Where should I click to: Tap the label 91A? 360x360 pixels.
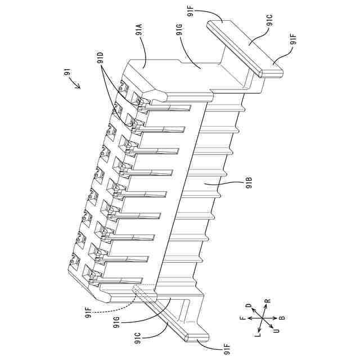pos(138,29)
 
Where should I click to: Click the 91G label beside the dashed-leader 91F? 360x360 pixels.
pos(116,323)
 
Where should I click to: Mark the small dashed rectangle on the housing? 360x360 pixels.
pos(143,291)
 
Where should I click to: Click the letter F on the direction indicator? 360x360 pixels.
pos(243,319)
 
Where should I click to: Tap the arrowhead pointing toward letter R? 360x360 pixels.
pos(267,309)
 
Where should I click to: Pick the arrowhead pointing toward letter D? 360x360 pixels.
pos(253,310)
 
